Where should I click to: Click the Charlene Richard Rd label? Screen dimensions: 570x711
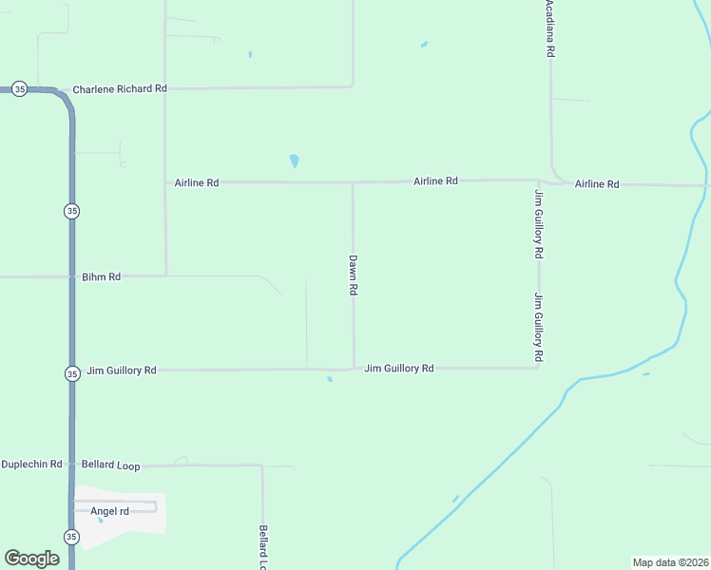(x=120, y=88)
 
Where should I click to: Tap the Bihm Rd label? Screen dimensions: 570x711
(x=102, y=277)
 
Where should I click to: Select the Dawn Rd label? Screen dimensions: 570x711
(x=353, y=275)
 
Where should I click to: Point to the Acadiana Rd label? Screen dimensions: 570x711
(x=549, y=29)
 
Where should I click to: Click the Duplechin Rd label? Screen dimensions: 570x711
(x=31, y=465)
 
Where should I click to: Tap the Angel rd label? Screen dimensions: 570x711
(x=109, y=511)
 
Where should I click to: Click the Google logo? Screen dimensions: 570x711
(x=32, y=559)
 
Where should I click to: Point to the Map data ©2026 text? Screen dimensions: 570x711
(x=670, y=562)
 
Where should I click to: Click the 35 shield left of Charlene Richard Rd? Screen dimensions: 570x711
(x=19, y=88)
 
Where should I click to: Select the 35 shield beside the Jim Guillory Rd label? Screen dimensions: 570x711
(x=72, y=373)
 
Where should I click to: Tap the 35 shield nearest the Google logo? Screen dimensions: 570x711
(x=71, y=537)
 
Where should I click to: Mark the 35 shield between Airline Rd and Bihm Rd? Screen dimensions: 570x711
(x=71, y=211)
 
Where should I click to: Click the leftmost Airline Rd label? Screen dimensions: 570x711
(x=197, y=182)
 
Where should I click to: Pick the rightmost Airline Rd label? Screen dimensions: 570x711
(x=597, y=184)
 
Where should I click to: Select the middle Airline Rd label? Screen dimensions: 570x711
(x=435, y=180)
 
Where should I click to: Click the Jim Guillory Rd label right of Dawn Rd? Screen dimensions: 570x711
(x=399, y=368)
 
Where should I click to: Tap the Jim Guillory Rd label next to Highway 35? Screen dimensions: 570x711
(x=121, y=370)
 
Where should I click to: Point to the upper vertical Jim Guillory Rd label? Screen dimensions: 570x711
(x=538, y=224)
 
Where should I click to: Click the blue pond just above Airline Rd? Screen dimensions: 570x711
(x=295, y=161)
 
